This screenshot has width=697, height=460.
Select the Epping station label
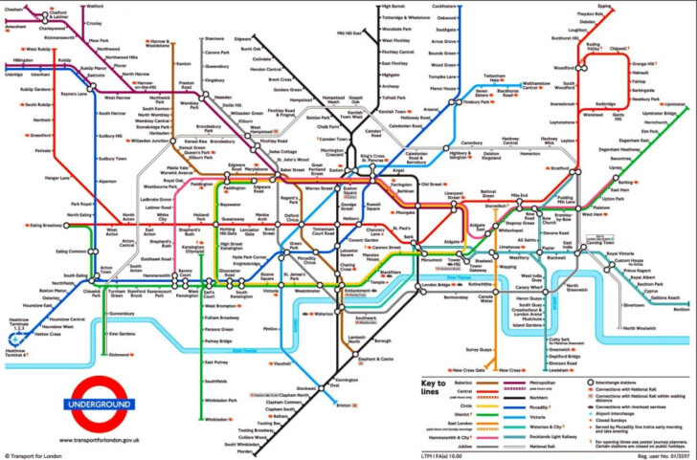(604, 6)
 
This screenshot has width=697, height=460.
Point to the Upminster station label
(676, 103)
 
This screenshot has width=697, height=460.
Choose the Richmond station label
(121, 354)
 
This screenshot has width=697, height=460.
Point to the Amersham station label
(15, 27)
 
